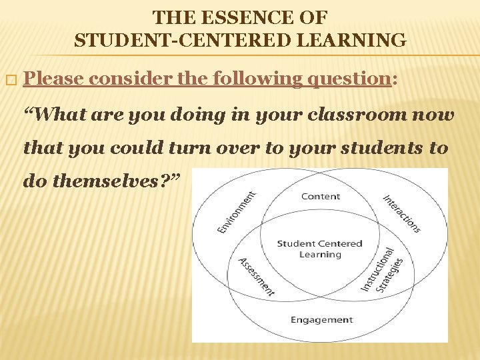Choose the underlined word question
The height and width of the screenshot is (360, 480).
point(350,79)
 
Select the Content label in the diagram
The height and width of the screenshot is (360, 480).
point(320,197)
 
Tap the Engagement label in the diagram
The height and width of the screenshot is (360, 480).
point(321,320)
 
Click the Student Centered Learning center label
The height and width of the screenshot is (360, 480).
point(320,249)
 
